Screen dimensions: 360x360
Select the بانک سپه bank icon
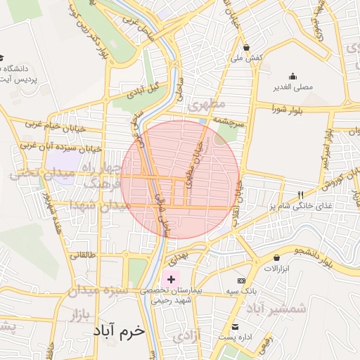(241, 280)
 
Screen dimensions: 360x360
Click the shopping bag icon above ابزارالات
(276, 257)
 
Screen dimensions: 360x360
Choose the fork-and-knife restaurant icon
(300, 195)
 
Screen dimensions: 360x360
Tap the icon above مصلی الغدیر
(292, 77)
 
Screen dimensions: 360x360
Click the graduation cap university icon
(2, 58)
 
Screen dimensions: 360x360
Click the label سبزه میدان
(98, 290)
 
